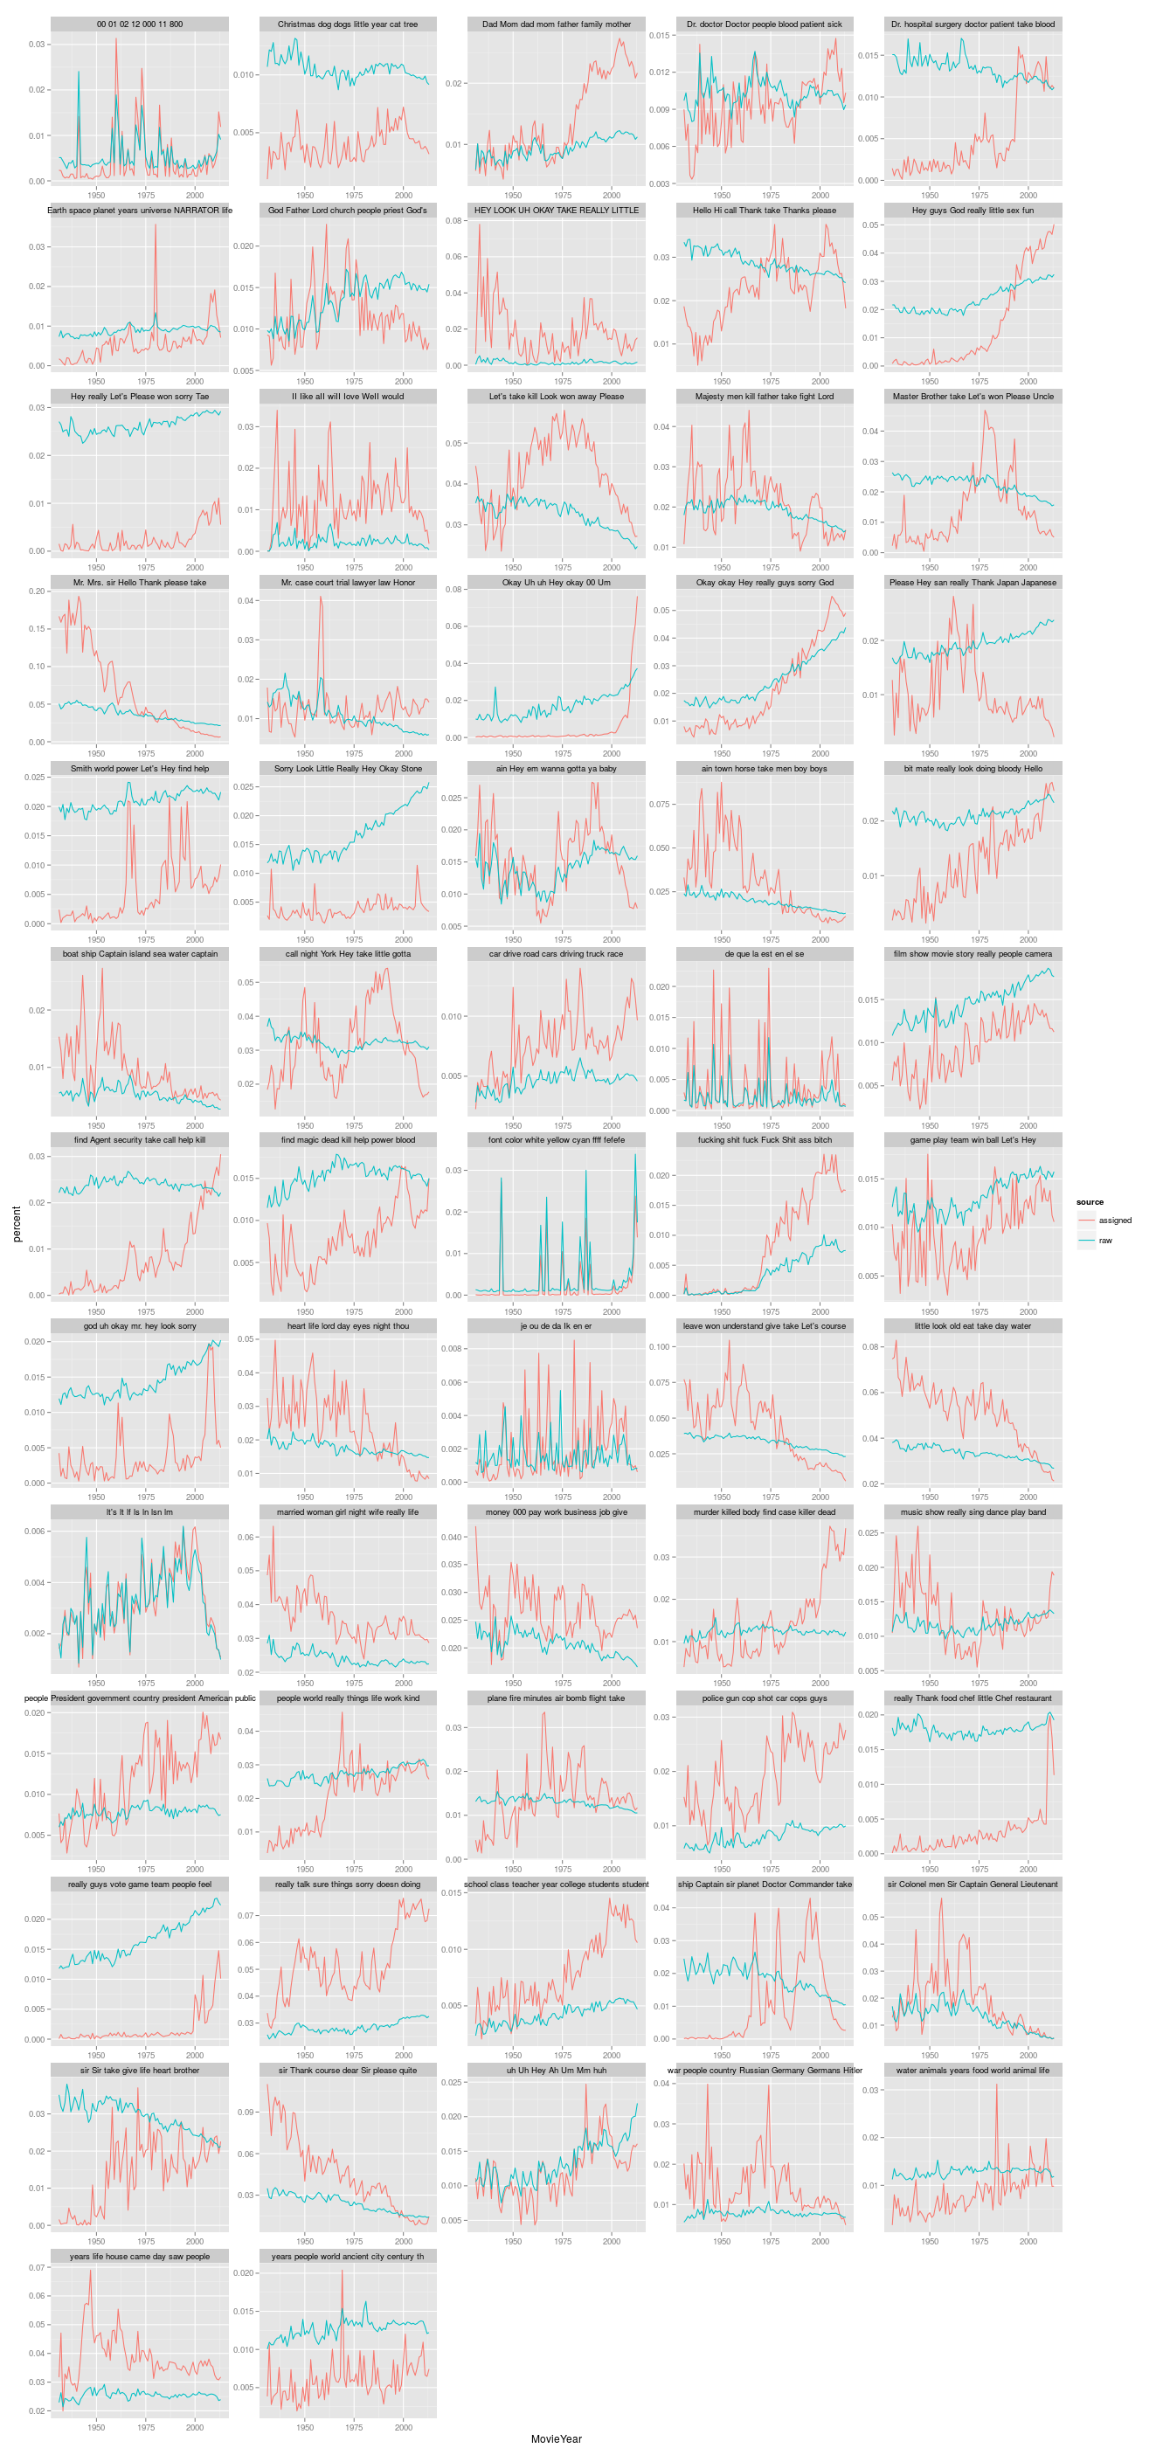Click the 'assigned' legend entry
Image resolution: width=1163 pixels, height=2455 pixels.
coord(1114,1220)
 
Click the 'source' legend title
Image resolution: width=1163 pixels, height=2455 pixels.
coord(1090,1202)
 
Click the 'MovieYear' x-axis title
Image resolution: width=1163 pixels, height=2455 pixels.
coord(556,2438)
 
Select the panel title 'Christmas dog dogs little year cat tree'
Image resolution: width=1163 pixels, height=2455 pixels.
coord(348,24)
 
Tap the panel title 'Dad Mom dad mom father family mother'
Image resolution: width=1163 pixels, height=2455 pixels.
coord(556,24)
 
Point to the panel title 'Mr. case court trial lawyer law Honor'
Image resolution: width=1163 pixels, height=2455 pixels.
coord(348,583)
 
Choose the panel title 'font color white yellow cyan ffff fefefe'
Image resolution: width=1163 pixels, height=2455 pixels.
coord(556,1140)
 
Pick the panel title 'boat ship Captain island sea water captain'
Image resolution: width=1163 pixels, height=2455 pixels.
coord(139,954)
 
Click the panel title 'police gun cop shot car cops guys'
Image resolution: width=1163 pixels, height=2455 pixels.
coord(765,1698)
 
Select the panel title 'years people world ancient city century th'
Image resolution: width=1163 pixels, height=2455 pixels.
coord(348,2256)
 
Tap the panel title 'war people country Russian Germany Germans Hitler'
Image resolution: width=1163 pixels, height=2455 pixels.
coord(765,2070)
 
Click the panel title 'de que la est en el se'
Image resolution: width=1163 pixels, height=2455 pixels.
coord(765,954)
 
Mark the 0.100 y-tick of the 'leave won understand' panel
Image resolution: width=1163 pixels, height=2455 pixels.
coord(659,1346)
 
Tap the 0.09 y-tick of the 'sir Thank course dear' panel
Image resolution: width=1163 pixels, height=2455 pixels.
coord(245,2112)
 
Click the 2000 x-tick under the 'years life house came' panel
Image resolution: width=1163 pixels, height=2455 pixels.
coord(195,2427)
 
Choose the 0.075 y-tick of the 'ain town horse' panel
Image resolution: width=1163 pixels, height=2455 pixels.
coord(659,805)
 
